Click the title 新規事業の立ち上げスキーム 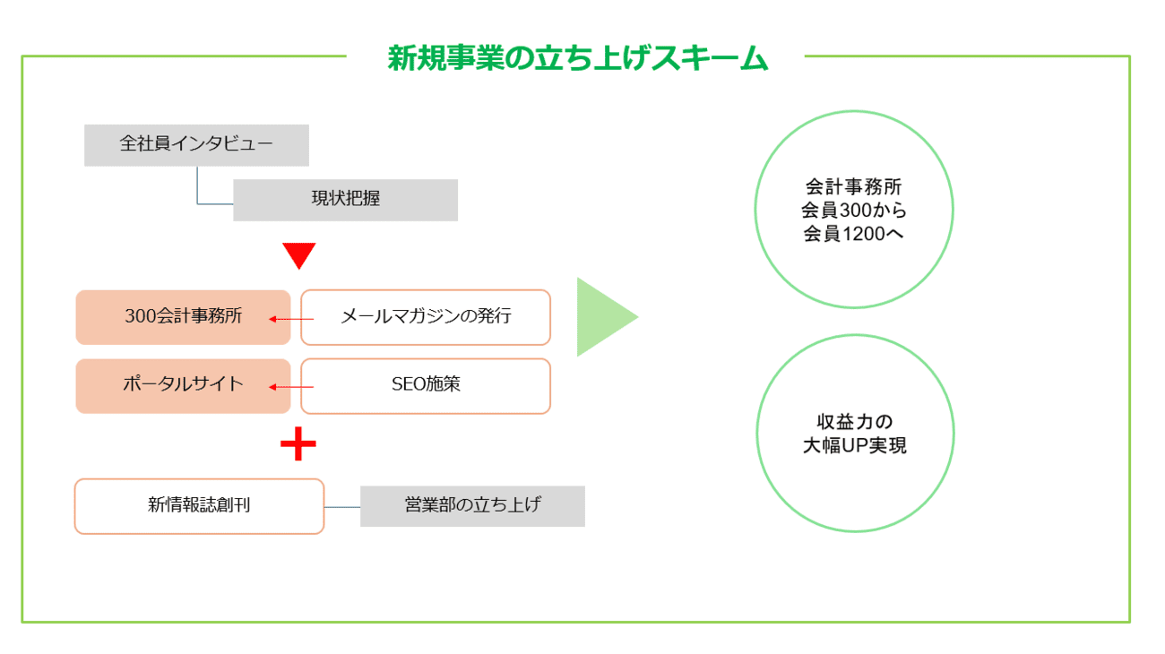[578, 58]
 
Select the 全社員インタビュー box [196, 145]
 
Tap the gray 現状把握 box [345, 200]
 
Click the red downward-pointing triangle [299, 254]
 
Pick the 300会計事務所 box [183, 316]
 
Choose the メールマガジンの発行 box [426, 316]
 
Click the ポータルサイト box [183, 385]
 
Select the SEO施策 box [426, 385]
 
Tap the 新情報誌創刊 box [199, 505]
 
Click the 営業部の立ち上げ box [472, 505]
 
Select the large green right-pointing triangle [603, 317]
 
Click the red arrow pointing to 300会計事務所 [291, 318]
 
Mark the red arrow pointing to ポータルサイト [291, 387]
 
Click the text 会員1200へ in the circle [853, 235]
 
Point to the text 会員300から [853, 211]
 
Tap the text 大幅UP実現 [853, 445]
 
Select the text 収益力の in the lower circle [853, 422]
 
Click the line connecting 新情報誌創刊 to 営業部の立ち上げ [342, 507]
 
